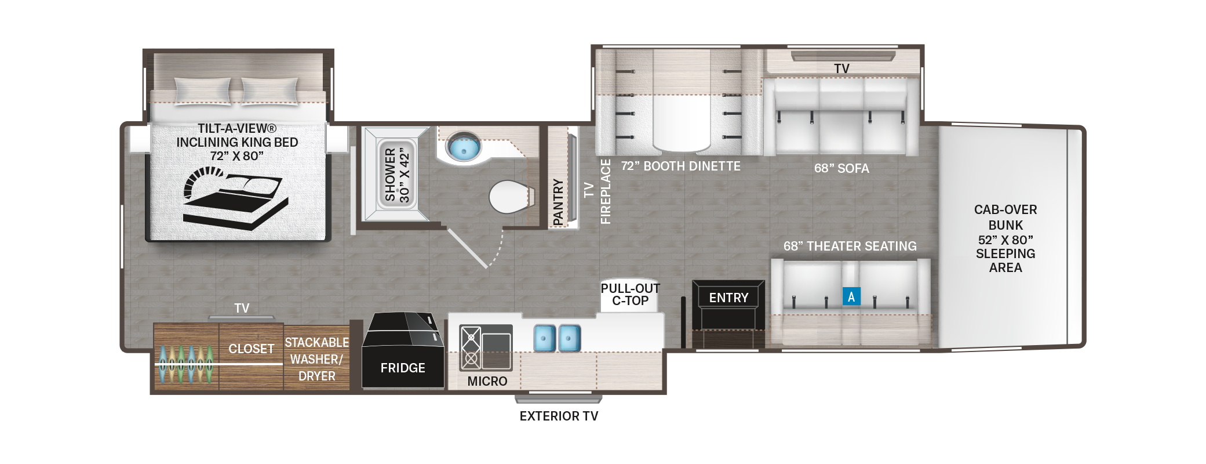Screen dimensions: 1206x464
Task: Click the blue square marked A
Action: (851, 296)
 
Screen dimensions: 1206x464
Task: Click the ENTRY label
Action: (728, 298)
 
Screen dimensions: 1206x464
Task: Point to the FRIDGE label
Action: (403, 368)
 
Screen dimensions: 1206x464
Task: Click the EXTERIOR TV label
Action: (559, 416)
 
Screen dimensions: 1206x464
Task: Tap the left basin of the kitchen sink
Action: (544, 338)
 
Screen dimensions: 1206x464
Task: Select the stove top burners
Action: (471, 348)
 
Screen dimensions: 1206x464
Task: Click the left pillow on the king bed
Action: (203, 91)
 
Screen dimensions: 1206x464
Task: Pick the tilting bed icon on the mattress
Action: (235, 198)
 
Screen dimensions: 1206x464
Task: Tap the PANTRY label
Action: (558, 202)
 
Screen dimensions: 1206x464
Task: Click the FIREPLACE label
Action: (606, 191)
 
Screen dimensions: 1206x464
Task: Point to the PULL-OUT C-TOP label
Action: (630, 295)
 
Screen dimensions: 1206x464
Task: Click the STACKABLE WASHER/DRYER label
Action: (316, 360)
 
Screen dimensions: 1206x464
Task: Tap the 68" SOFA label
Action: (841, 168)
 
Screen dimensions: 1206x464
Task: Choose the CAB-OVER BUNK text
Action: (1005, 217)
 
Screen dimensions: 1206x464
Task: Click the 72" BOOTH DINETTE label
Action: (680, 166)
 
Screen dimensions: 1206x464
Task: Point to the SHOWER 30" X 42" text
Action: (397, 174)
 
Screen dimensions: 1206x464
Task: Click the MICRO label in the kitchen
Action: (487, 381)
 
